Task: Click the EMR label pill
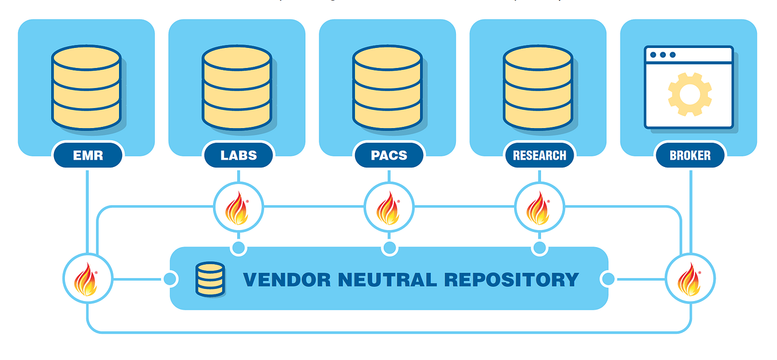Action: (88, 155)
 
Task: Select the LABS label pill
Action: (238, 155)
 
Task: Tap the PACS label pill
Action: (388, 155)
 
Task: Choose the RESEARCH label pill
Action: (539, 155)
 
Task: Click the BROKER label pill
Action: (690, 155)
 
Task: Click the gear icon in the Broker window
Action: (690, 94)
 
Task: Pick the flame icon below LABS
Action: (238, 208)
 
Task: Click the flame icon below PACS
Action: (388, 208)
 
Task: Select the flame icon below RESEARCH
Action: (539, 208)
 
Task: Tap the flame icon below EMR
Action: (87, 279)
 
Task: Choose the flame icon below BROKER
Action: (690, 279)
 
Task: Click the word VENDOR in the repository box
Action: (287, 280)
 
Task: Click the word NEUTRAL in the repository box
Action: (388, 280)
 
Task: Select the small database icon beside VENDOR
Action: (210, 279)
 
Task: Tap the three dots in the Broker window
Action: (663, 55)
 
